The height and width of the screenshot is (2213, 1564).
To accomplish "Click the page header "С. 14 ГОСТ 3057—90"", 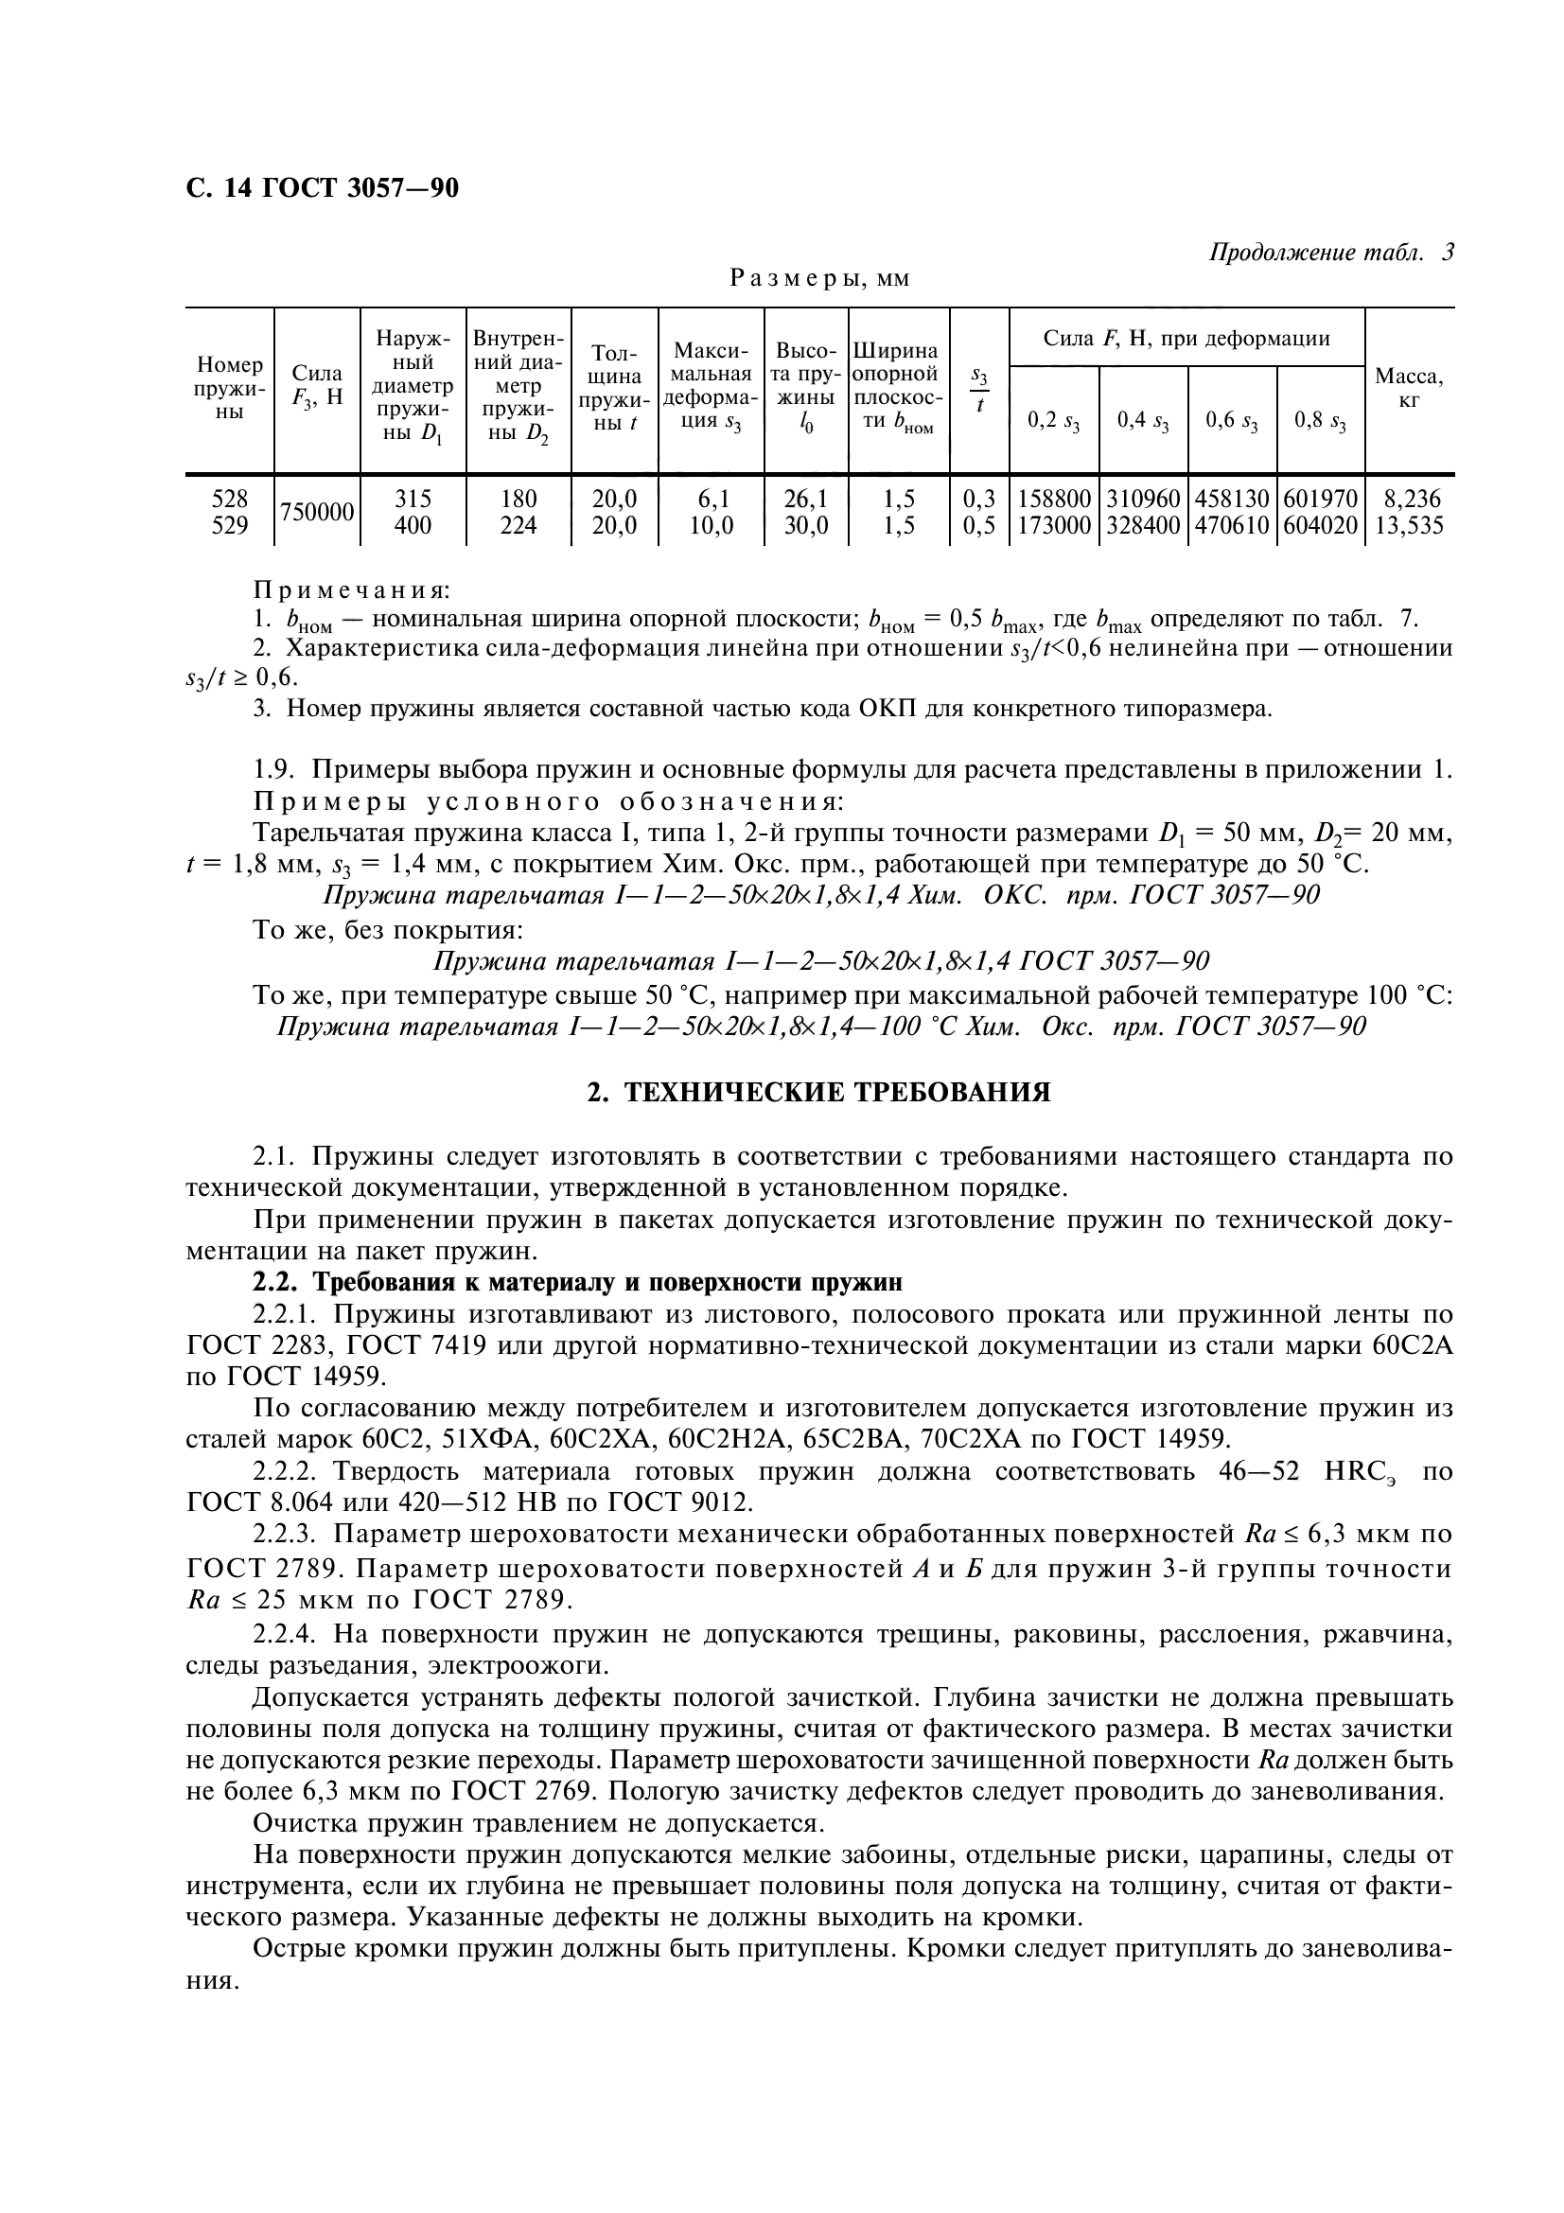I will point(322,188).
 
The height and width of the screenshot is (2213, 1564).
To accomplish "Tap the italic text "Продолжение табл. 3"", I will point(1331,253).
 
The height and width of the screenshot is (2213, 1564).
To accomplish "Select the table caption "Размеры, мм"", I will point(819,278).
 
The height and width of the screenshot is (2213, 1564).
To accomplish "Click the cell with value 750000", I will point(317,512).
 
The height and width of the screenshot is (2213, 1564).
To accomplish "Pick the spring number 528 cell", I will point(229,499).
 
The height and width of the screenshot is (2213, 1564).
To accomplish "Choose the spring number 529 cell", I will point(229,525).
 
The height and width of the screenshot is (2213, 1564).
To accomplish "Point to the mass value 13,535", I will point(1409,525).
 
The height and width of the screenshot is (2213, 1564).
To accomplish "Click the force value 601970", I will point(1320,499).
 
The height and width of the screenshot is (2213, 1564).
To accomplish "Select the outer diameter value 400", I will point(413,525).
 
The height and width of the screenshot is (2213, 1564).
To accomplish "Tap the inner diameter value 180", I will point(518,499).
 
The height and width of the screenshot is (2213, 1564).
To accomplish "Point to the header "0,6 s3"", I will point(1232,421).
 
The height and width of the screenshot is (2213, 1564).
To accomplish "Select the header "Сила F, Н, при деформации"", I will point(1186,339).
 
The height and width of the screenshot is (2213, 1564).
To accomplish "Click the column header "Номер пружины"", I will point(229,388).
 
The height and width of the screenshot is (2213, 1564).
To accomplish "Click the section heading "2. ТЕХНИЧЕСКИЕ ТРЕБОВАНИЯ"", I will point(819,1092).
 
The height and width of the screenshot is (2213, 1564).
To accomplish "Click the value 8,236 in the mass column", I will point(1409,499).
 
